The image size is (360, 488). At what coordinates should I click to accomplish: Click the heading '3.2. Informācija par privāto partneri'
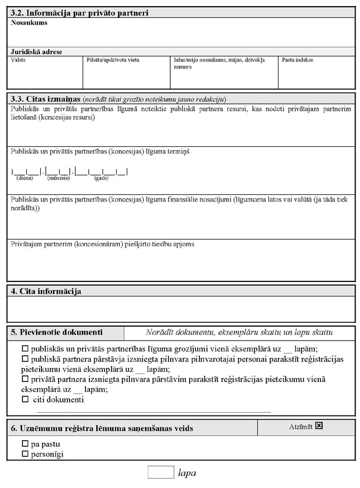click(x=79, y=13)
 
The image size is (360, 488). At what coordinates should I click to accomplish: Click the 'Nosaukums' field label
click(x=29, y=23)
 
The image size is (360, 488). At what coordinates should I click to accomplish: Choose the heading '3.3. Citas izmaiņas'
click(x=46, y=99)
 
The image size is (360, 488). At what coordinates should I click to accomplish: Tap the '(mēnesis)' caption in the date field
click(x=58, y=178)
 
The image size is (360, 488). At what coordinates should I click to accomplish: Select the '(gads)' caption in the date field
click(x=101, y=178)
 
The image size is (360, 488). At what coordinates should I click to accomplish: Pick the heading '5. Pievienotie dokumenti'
click(x=57, y=332)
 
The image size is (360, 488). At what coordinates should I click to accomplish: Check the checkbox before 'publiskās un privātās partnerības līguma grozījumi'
click(x=25, y=349)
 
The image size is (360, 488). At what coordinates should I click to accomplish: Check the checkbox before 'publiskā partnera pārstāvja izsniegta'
click(x=25, y=359)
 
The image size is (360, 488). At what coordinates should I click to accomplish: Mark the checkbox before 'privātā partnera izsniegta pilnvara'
click(x=25, y=380)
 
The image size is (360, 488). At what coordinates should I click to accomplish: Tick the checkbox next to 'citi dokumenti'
click(x=25, y=400)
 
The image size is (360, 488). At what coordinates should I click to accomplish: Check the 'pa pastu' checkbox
click(x=25, y=444)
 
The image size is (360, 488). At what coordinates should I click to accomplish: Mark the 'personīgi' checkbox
click(x=25, y=454)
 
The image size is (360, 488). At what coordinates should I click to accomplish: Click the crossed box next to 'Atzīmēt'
click(x=319, y=426)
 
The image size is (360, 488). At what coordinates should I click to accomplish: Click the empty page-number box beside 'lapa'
click(x=161, y=472)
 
